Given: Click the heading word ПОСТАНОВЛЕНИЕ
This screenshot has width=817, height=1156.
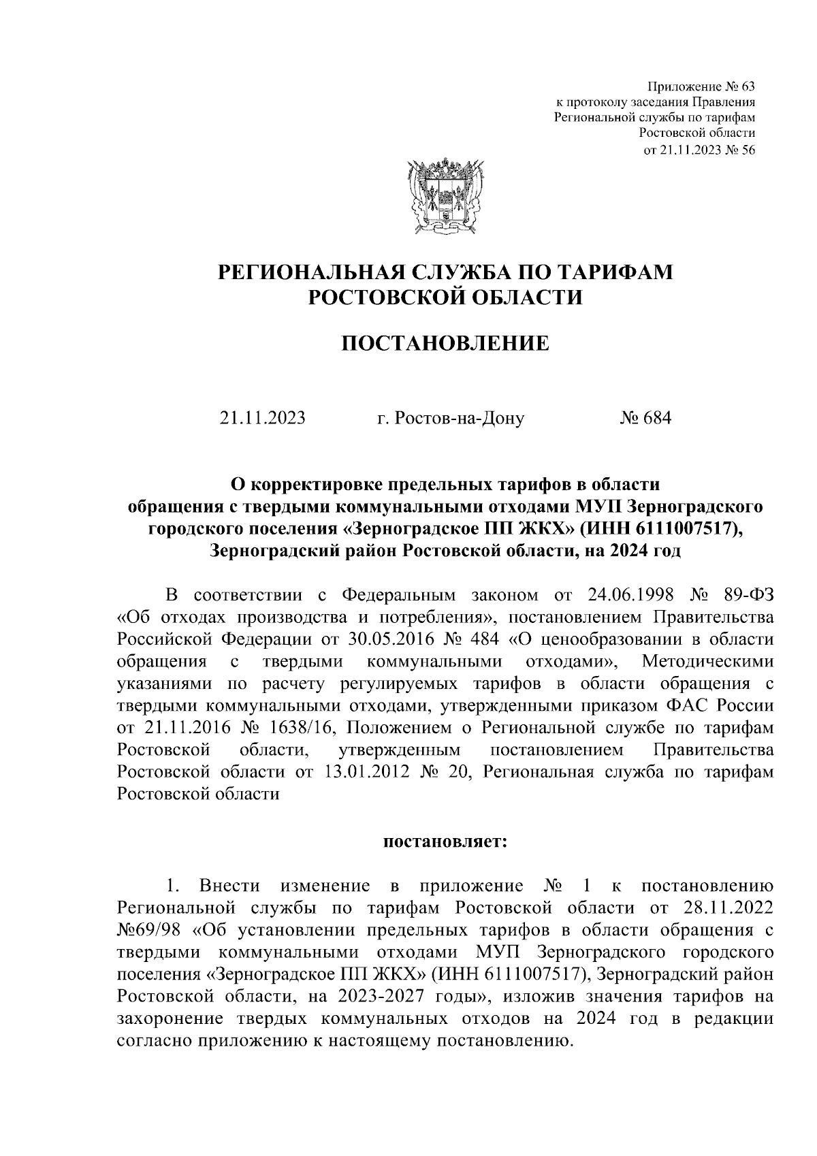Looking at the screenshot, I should [445, 343].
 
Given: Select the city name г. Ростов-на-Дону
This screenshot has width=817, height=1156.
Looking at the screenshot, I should [451, 417].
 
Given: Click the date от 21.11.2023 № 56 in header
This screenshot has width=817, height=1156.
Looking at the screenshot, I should [699, 150].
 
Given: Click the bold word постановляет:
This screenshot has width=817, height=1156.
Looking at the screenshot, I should [445, 841].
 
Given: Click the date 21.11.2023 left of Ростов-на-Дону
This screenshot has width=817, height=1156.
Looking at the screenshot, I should [262, 417].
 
